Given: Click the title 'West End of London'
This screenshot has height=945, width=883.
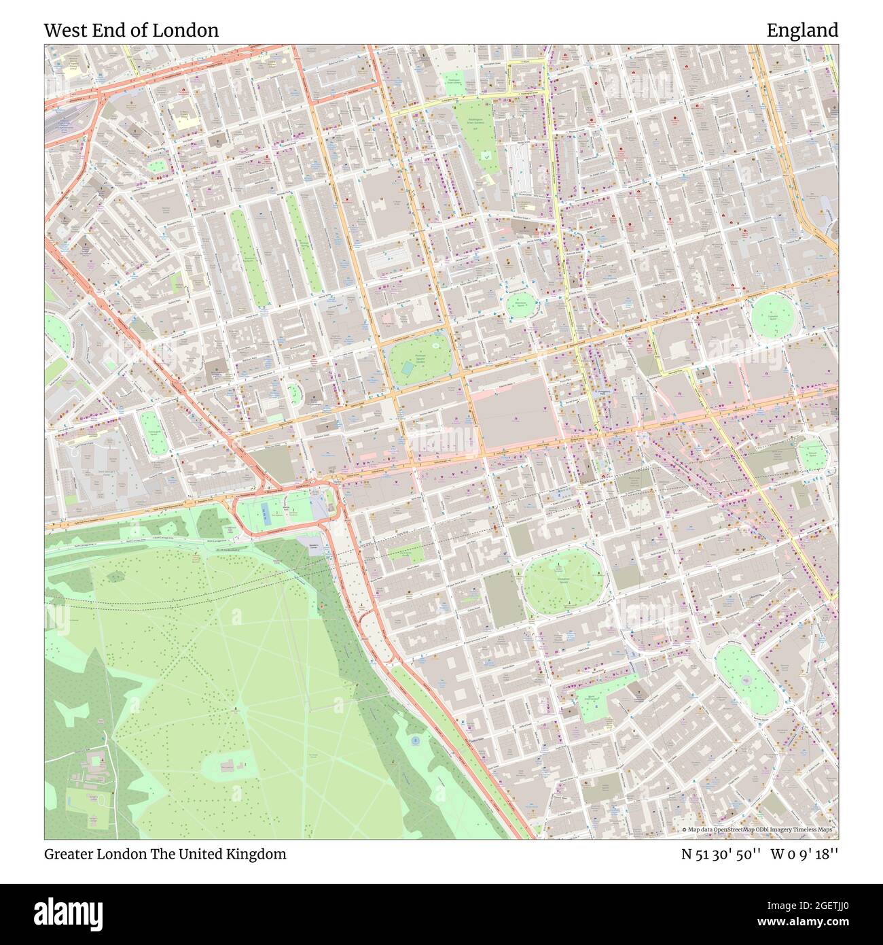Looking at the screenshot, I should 131,31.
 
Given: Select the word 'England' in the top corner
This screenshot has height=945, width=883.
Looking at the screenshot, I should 802,31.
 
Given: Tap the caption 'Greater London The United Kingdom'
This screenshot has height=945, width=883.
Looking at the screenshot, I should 165,854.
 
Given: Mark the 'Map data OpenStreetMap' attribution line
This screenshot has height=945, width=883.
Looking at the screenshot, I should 759,830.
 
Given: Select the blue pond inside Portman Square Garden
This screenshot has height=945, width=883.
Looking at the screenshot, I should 407,368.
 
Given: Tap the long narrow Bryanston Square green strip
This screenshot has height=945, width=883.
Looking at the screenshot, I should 249,258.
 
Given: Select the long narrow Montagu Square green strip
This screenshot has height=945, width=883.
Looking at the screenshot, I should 303,243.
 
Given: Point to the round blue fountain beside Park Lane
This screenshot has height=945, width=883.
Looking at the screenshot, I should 416,740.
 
